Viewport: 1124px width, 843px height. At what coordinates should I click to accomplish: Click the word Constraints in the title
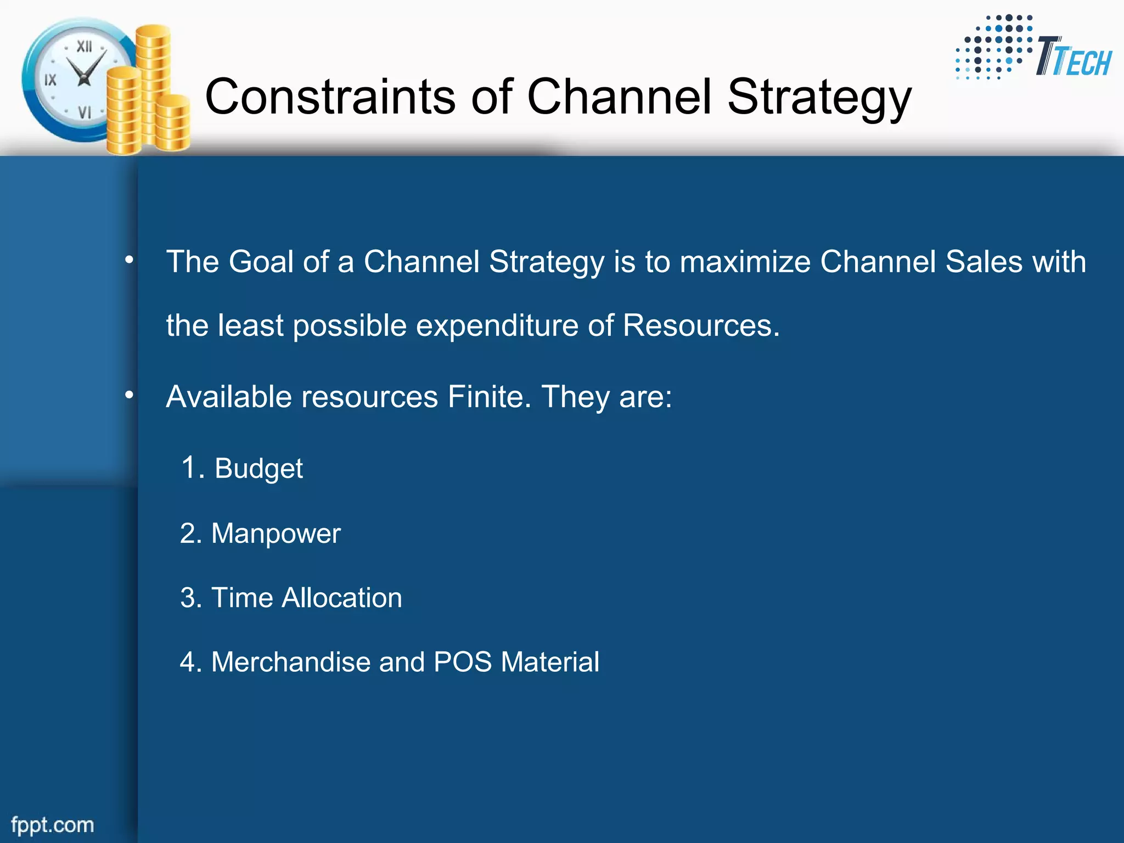tap(330, 97)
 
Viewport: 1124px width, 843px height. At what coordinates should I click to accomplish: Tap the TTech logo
tap(1034, 49)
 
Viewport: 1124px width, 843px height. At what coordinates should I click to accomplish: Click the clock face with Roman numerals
tap(77, 79)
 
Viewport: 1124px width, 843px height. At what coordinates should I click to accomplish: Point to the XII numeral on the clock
tap(84, 47)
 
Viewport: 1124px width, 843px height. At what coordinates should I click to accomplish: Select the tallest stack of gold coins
tap(153, 82)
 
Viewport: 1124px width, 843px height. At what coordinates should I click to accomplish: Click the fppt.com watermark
tap(53, 825)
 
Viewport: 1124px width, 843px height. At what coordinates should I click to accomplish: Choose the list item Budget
tap(258, 469)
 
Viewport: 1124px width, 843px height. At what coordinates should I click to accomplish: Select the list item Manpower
tap(276, 533)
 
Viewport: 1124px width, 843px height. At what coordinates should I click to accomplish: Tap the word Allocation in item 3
tap(341, 598)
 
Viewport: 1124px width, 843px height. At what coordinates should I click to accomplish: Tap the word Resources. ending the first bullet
tap(701, 325)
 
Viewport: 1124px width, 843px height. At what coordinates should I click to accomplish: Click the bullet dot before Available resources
tap(129, 395)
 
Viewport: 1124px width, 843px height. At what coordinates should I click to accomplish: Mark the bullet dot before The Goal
tap(129, 260)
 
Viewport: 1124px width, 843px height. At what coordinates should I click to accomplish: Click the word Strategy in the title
tap(819, 98)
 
